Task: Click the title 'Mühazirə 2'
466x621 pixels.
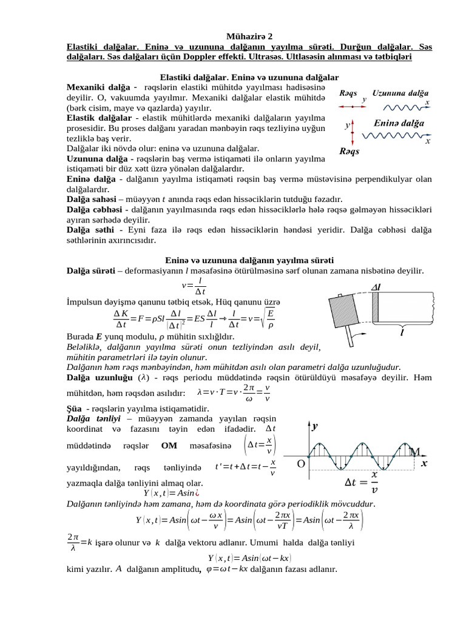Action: [249, 36]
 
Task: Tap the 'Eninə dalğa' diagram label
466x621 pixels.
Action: [399, 124]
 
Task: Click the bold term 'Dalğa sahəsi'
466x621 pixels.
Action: [93, 198]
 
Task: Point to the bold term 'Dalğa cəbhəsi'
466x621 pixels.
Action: [95, 209]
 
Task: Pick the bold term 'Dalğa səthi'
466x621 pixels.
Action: [90, 230]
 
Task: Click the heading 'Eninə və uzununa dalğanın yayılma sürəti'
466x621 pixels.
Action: [249, 260]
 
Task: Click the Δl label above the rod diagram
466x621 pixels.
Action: [378, 287]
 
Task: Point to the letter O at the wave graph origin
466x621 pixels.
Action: [301, 464]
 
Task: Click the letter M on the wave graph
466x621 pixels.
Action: [415, 452]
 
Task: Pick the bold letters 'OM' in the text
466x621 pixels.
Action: [169, 445]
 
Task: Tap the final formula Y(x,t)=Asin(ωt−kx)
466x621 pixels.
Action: [249, 557]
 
